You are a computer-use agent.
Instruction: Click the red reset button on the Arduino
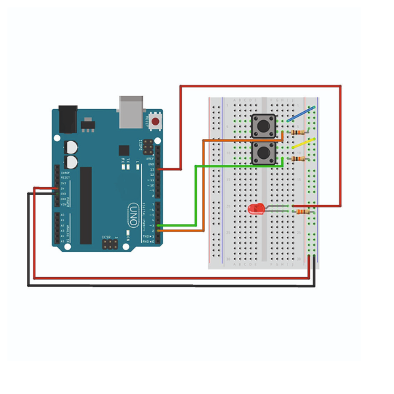[x=156, y=121]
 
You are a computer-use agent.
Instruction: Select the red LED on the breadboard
[x=256, y=209]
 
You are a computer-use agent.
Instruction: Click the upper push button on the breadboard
[x=264, y=123]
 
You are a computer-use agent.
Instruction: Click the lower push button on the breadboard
[x=264, y=155]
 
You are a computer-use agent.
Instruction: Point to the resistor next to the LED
[x=302, y=211]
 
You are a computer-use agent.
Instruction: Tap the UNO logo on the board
[x=133, y=212]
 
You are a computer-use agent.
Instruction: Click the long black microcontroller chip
[x=86, y=204]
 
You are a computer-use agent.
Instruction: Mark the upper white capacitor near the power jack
[x=71, y=146]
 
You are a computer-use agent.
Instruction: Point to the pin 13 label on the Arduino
[x=151, y=169]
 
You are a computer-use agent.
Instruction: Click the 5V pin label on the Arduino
[x=63, y=188]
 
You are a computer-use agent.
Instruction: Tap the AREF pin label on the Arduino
[x=150, y=158]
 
